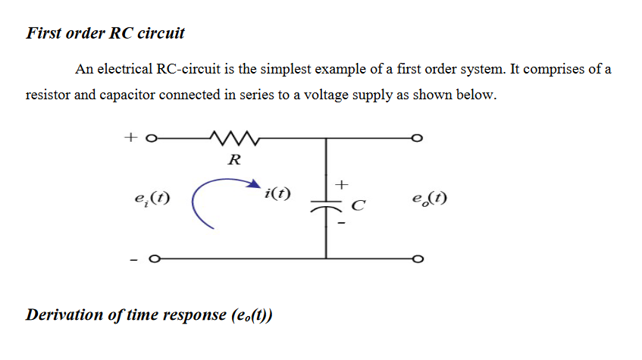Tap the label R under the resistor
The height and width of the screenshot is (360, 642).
pos(234,160)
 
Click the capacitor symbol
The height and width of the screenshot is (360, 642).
pos(327,204)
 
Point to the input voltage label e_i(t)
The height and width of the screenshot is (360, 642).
pos(151,200)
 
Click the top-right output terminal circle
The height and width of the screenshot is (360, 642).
pos(415,139)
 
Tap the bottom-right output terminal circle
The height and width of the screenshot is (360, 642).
pos(415,260)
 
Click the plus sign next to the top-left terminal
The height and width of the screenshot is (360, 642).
pos(130,138)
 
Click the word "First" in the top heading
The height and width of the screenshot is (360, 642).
pos(44,33)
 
